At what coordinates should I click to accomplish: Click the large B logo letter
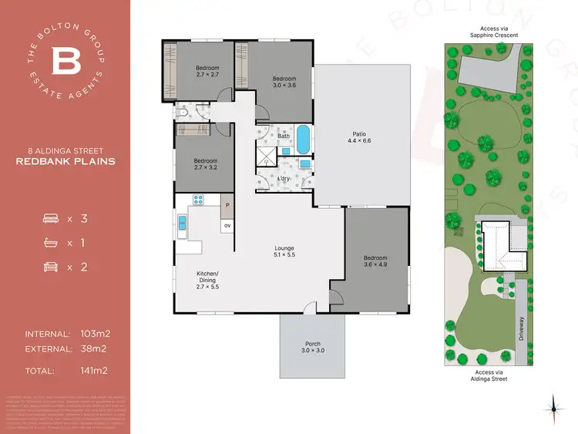tap(66, 60)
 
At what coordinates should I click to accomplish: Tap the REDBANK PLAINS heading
tap(66, 162)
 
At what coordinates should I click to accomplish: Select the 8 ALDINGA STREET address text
tap(66, 150)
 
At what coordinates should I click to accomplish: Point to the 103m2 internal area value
tap(96, 334)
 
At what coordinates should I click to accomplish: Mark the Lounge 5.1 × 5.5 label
tap(285, 251)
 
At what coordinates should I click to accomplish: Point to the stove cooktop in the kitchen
tap(197, 200)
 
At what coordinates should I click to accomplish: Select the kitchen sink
tap(182, 224)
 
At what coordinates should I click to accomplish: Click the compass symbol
tap(554, 404)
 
